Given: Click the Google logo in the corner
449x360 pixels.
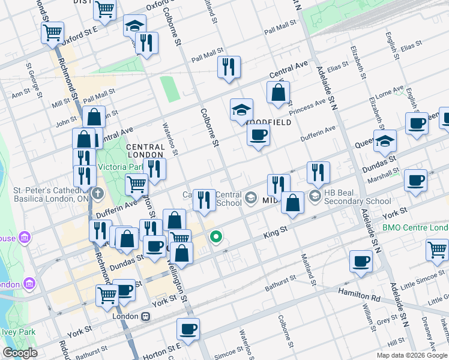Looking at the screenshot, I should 20,353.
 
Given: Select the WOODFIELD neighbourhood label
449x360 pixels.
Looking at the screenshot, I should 269,122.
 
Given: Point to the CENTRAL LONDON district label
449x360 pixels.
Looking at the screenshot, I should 145,151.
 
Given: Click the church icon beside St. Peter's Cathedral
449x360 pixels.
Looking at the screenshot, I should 98,194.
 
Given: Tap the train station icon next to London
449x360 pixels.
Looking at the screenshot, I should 145,316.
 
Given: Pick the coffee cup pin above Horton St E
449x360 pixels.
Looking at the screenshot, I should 188,329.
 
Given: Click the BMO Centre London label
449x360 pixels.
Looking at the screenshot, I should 415,228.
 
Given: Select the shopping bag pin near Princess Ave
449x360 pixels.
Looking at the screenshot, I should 278,93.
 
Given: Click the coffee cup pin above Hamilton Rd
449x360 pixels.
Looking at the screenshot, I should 361,261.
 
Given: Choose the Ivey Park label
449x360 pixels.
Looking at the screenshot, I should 18,332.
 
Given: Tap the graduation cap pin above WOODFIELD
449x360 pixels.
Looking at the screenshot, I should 241,110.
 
